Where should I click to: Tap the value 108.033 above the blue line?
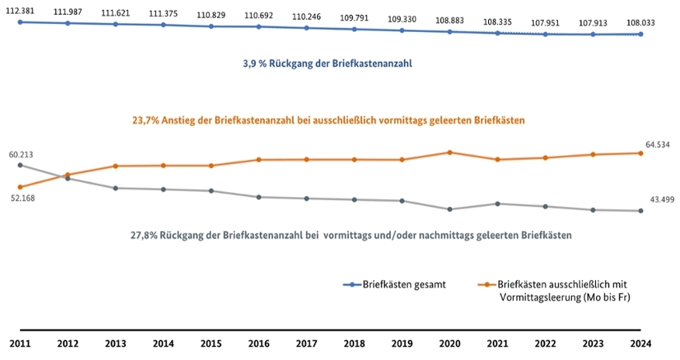pyautogui.click(x=640, y=23)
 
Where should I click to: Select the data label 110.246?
pyautogui.click(x=306, y=16)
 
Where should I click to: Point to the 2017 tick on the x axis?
pyautogui.click(x=306, y=344)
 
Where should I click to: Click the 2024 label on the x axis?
pyautogui.click(x=640, y=344)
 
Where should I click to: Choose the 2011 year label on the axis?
pyautogui.click(x=20, y=344)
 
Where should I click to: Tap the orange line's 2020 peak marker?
pyautogui.click(x=450, y=152)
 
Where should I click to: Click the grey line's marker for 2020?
pyautogui.click(x=450, y=209)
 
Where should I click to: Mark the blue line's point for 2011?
pyautogui.click(x=20, y=22)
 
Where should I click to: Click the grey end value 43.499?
pyautogui.click(x=661, y=200)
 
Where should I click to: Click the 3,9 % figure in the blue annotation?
pyautogui.click(x=256, y=64)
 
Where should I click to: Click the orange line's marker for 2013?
pyautogui.click(x=115, y=166)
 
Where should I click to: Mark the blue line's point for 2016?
pyautogui.click(x=258, y=26)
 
